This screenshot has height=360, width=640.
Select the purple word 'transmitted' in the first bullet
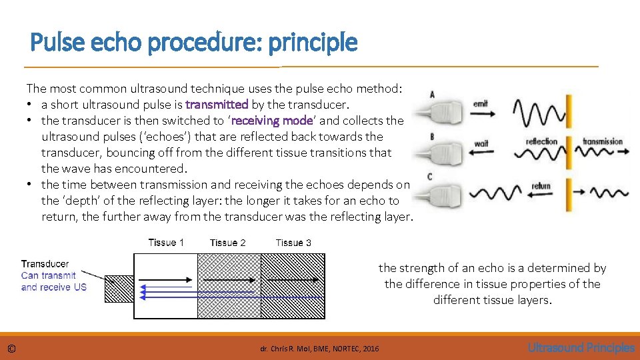(x=217, y=105)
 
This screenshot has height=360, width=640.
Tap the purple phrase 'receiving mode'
(x=271, y=121)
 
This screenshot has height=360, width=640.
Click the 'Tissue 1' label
(x=166, y=243)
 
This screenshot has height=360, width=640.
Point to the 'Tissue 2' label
(x=227, y=243)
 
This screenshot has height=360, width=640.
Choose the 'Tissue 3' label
(x=293, y=243)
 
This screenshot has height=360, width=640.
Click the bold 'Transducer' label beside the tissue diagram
(x=45, y=264)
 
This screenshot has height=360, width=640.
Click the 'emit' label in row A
(x=481, y=103)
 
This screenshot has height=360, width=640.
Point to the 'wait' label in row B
(x=481, y=144)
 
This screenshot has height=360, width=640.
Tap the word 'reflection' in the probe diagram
(x=541, y=141)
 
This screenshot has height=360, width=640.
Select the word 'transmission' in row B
(x=602, y=141)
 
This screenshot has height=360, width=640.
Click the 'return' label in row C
(x=541, y=185)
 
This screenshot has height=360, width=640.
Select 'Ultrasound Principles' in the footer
(x=581, y=347)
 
